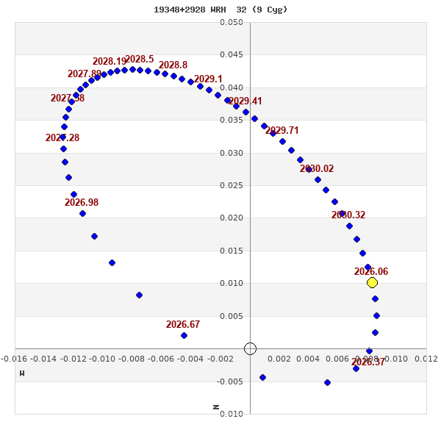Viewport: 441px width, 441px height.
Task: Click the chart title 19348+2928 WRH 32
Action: click(220, 10)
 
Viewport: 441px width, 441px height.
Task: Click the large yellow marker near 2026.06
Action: click(372, 282)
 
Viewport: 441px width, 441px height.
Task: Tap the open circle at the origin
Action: click(250, 348)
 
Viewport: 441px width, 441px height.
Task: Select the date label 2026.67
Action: click(183, 324)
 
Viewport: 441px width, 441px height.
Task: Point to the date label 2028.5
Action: click(140, 60)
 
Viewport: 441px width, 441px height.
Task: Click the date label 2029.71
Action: click(282, 130)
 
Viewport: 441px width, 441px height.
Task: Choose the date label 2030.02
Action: click(317, 168)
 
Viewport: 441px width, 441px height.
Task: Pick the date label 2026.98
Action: click(82, 202)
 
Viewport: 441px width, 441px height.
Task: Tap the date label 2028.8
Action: click(173, 65)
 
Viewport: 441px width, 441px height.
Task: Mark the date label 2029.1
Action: click(208, 79)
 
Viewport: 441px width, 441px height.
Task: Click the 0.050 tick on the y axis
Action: click(232, 22)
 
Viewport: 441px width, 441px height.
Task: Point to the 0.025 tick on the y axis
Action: click(232, 185)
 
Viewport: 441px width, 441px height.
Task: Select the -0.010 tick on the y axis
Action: click(232, 414)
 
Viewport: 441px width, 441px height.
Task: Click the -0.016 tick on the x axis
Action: click(15, 359)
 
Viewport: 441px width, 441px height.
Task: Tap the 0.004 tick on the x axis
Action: click(309, 359)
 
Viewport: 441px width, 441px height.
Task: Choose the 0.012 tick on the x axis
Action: click(426, 359)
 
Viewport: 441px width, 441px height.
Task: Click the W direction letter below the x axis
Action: click(22, 373)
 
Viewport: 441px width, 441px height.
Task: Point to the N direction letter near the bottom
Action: click(216, 406)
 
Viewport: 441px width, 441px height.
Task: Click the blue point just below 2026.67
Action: click(184, 335)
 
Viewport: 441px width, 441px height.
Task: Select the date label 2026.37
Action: click(368, 362)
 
